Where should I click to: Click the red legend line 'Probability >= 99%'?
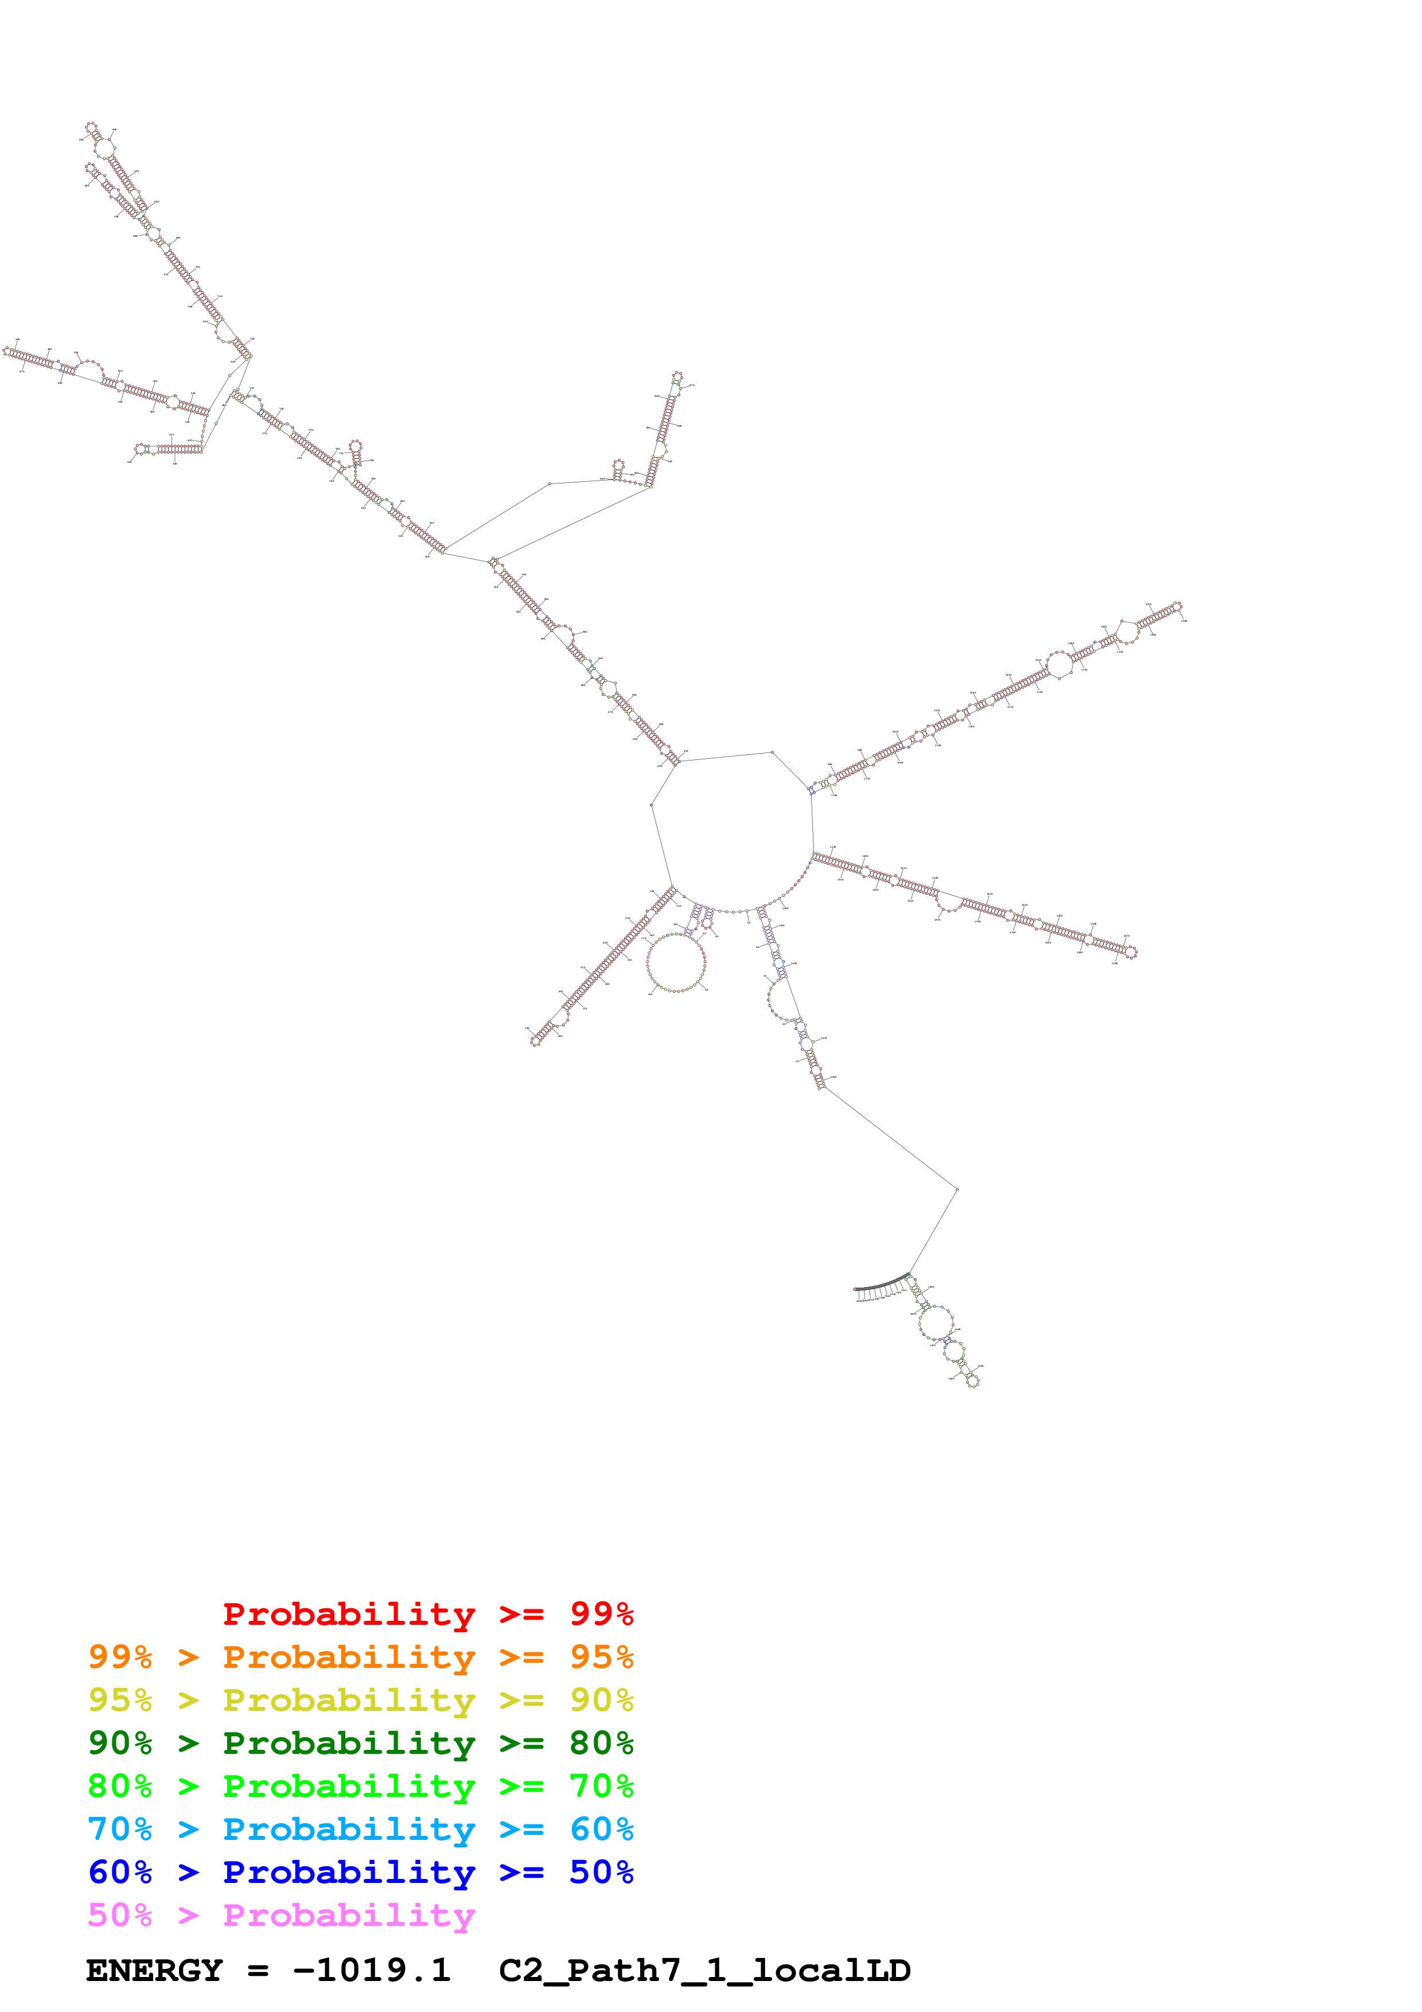(x=427, y=1614)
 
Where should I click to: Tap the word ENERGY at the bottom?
(x=154, y=1970)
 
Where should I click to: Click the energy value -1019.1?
(x=372, y=1970)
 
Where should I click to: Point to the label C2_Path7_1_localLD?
(x=704, y=1970)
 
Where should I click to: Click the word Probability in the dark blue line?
(x=349, y=1872)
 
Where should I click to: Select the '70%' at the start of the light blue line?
(x=120, y=1829)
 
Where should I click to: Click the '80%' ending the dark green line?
(x=601, y=1743)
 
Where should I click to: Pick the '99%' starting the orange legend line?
(x=120, y=1657)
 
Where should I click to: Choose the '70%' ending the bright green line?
(x=601, y=1786)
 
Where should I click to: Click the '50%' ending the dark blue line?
(x=601, y=1872)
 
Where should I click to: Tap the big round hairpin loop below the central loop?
(x=676, y=962)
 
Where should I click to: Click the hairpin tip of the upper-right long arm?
(x=1178, y=606)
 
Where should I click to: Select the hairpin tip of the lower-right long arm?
(x=1131, y=953)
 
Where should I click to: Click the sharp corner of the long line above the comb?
(x=957, y=1189)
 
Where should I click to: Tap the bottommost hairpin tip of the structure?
(x=972, y=1381)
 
